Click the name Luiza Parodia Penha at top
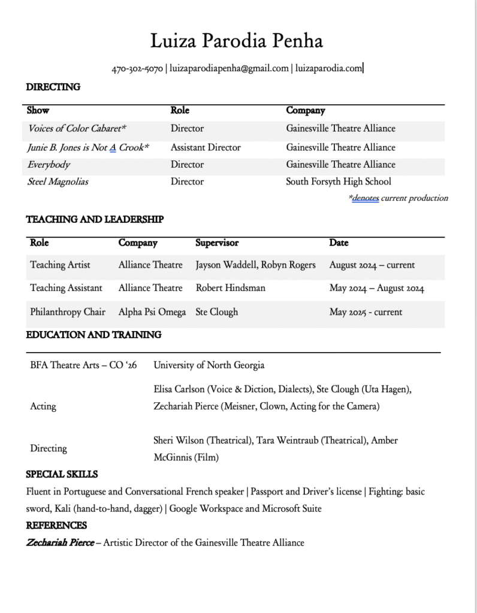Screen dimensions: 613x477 pos(237,41)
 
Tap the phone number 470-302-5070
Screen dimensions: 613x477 pos(137,69)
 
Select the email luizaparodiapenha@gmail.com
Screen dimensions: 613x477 pos(229,69)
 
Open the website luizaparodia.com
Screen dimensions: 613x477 pos(328,69)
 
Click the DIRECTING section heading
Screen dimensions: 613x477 pos(53,87)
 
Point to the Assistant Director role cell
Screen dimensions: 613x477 pos(206,147)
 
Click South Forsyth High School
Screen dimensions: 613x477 pos(338,181)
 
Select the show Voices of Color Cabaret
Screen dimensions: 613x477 pos(77,128)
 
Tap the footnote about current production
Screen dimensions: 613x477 pos(398,198)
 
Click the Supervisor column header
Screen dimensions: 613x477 pos(217,243)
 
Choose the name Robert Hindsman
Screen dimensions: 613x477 pos(230,288)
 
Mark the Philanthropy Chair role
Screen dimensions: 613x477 pos(68,312)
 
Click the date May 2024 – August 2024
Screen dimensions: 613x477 pos(376,288)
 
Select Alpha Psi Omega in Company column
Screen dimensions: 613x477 pos(152,312)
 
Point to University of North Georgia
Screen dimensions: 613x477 pos(209,365)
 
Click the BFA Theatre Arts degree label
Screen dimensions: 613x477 pos(83,365)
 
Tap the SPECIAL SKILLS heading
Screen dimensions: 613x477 pos(62,474)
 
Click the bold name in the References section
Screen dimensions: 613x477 pos(60,543)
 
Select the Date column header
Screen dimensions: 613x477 pos(339,243)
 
